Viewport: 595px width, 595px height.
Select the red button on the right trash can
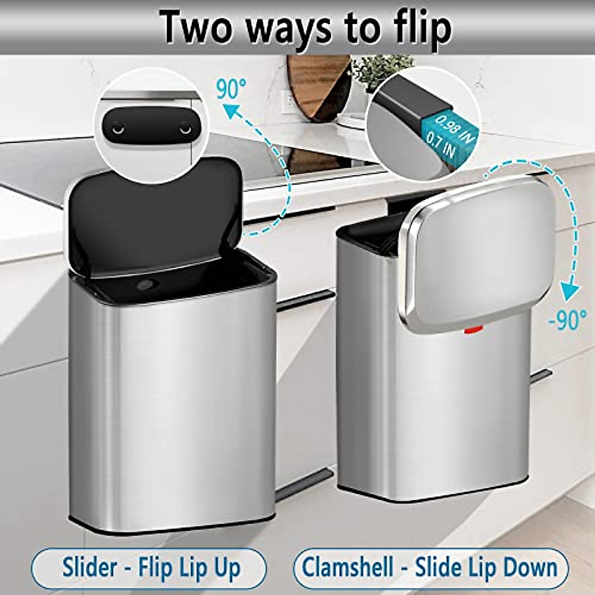tap(472, 329)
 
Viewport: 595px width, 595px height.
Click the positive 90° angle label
tap(231, 89)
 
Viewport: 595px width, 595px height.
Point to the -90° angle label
tap(568, 320)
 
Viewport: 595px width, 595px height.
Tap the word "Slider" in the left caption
tap(90, 568)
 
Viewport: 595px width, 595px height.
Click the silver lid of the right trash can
tap(478, 253)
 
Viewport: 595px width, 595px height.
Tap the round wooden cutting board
tap(317, 87)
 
